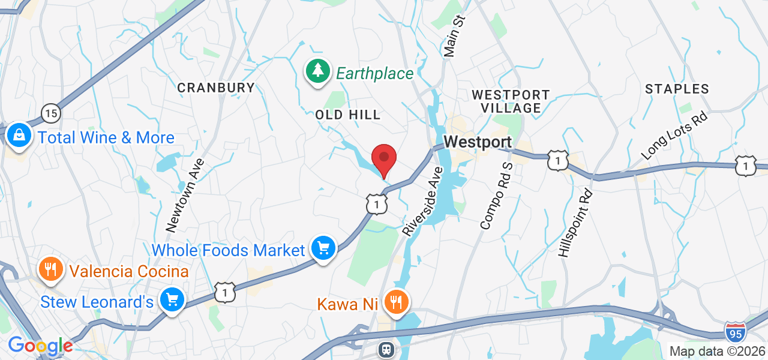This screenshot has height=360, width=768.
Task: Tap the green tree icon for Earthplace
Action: pyautogui.click(x=318, y=71)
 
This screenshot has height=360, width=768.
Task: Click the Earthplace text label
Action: pyautogui.click(x=374, y=74)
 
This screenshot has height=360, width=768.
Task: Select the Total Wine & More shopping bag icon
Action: pyautogui.click(x=19, y=136)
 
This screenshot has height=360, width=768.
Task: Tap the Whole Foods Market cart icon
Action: pyautogui.click(x=323, y=248)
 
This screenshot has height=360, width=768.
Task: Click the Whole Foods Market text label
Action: pyautogui.click(x=229, y=250)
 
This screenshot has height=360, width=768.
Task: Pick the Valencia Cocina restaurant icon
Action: pyautogui.click(x=51, y=269)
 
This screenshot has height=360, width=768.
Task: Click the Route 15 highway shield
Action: pyautogui.click(x=51, y=112)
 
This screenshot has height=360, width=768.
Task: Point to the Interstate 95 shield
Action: pyautogui.click(x=735, y=332)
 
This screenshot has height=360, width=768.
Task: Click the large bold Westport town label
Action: pyautogui.click(x=478, y=142)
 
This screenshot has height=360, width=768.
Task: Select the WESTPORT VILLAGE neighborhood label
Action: pyautogui.click(x=511, y=101)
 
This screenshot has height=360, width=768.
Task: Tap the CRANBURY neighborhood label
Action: pyautogui.click(x=217, y=88)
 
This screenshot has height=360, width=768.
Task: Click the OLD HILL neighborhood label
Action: pyautogui.click(x=348, y=115)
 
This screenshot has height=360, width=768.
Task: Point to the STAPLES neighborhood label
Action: pyautogui.click(x=677, y=89)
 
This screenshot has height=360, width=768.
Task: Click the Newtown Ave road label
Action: pyautogui.click(x=185, y=195)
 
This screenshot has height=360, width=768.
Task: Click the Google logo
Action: pyautogui.click(x=40, y=346)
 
